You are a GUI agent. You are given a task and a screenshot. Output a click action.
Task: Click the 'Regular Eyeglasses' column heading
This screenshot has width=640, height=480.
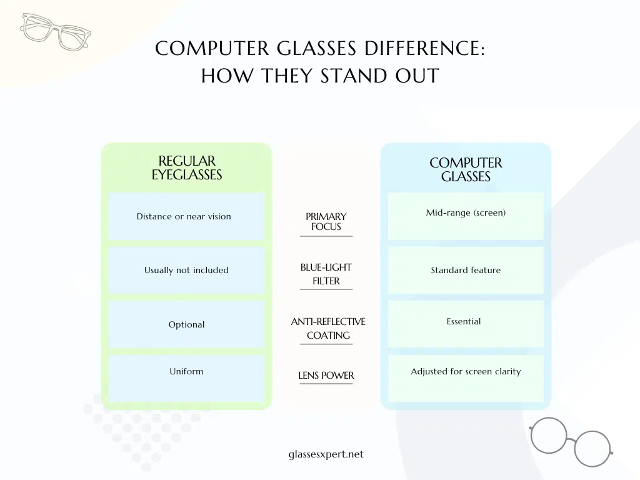click(x=186, y=168)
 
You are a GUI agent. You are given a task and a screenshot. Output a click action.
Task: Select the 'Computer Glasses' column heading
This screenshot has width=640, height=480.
click(x=466, y=169)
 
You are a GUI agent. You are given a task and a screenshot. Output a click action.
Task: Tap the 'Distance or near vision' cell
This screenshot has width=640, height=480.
click(x=184, y=216)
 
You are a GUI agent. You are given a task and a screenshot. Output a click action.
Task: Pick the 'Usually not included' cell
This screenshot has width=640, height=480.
click(x=186, y=270)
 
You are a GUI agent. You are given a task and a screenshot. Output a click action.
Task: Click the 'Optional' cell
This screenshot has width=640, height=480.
click(x=186, y=324)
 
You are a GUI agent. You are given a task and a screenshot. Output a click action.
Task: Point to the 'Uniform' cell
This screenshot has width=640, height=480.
click(x=186, y=371)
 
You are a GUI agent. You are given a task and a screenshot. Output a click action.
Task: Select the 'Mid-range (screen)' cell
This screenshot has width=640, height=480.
click(x=466, y=212)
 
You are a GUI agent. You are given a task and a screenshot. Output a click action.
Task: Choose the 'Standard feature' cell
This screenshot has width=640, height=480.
click(x=466, y=270)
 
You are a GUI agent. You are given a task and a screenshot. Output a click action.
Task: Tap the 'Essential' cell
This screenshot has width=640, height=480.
click(x=464, y=321)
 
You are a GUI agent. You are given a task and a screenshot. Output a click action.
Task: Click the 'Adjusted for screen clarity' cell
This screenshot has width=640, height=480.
click(x=466, y=371)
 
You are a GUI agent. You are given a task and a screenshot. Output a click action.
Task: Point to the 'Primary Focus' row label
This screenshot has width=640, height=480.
click(x=326, y=221)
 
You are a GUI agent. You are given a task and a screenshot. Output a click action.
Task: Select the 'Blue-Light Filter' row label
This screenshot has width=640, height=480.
click(x=326, y=274)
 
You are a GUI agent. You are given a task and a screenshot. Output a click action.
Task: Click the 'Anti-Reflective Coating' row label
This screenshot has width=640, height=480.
click(x=328, y=328)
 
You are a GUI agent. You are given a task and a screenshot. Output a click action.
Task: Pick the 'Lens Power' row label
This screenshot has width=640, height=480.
click(x=326, y=376)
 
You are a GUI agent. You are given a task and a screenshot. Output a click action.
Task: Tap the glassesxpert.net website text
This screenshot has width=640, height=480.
click(x=322, y=454)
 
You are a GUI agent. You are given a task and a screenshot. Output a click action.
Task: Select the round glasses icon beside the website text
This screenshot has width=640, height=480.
click(x=570, y=441)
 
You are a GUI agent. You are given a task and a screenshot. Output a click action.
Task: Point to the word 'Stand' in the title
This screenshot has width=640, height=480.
click(x=347, y=76)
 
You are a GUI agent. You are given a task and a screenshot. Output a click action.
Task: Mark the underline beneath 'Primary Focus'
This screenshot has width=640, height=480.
click(x=326, y=236)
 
